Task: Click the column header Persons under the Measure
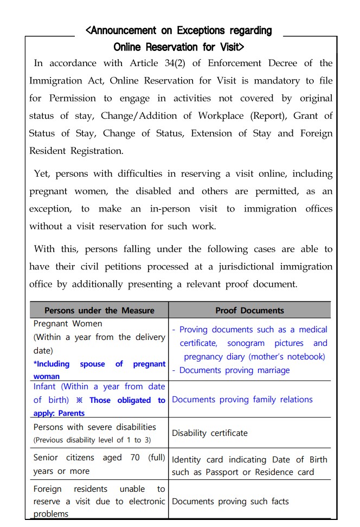99,311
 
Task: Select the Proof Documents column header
249,311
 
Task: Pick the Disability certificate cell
209,433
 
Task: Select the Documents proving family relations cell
242,400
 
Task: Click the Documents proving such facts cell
230,502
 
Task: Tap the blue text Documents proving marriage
234,370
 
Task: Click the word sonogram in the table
247,343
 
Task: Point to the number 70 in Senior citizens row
135,458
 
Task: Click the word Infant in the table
44,387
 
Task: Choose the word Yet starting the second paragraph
41,174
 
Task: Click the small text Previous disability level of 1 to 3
92,440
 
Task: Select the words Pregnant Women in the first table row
68,324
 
